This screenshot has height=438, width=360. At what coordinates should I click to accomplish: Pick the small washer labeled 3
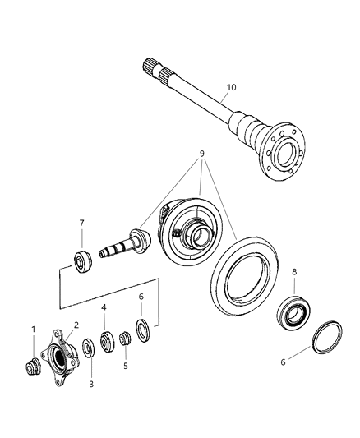tap(90, 348)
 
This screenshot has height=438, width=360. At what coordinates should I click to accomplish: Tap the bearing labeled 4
tap(107, 340)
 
